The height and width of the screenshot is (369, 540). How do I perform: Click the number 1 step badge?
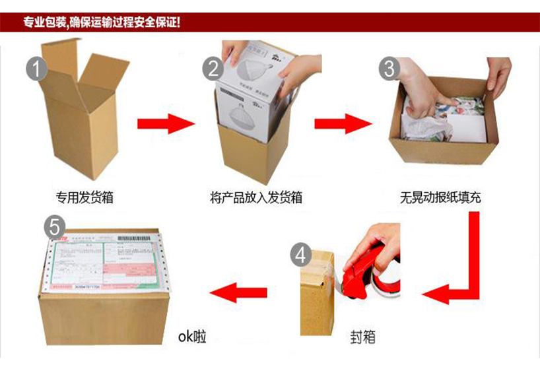pyautogui.click(x=37, y=68)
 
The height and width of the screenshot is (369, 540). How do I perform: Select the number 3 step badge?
pyautogui.click(x=389, y=68)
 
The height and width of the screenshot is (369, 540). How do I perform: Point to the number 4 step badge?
pyautogui.click(x=301, y=255)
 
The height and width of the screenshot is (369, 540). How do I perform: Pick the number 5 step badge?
pyautogui.click(x=54, y=227)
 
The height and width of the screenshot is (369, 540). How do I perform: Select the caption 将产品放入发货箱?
pyautogui.click(x=256, y=197)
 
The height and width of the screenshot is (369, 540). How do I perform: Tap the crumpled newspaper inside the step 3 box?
pyautogui.click(x=429, y=122)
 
